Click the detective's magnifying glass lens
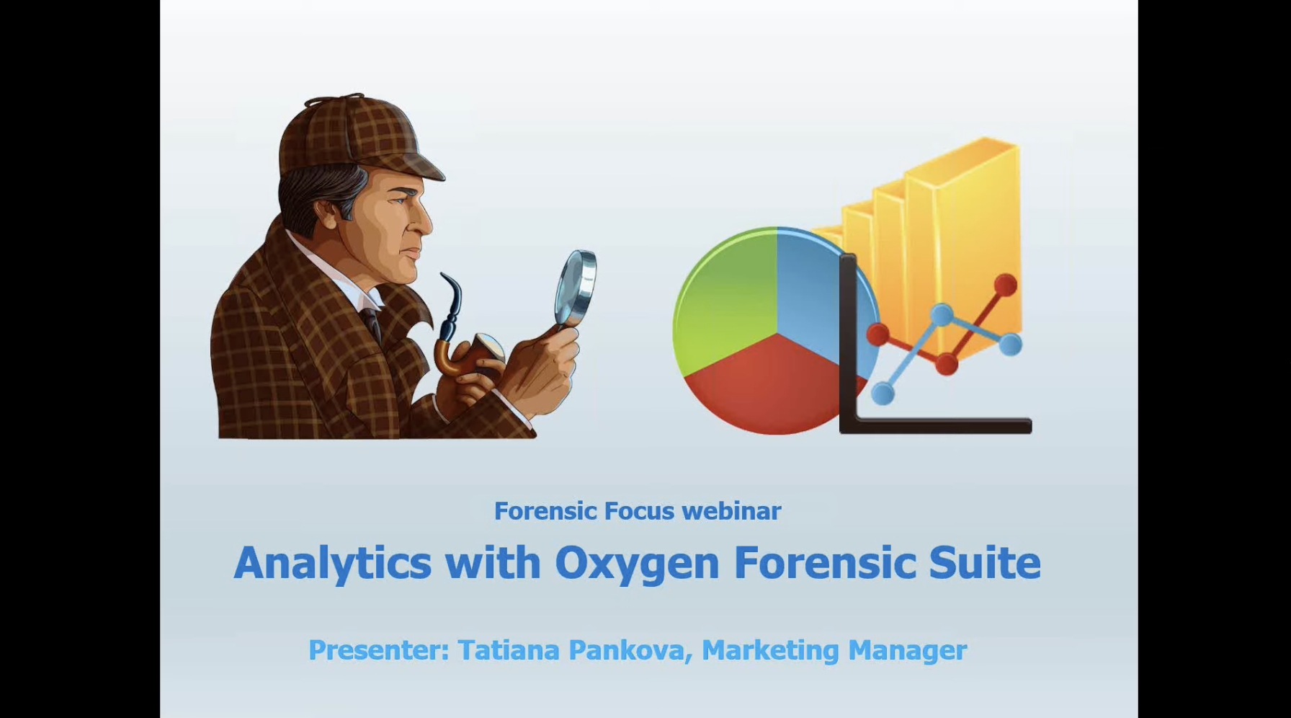576,287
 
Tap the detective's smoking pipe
461,339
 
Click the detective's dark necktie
372,324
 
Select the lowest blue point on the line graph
883,394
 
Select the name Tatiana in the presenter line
509,650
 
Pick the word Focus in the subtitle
639,511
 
